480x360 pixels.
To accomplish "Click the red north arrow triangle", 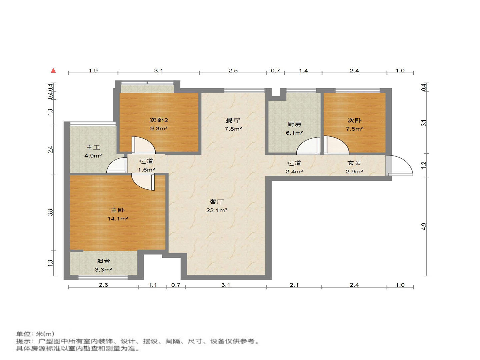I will pos(53,70).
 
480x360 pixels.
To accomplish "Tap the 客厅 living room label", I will pos(217,202).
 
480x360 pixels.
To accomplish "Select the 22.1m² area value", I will pos(217,210).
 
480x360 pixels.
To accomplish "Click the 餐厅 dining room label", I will pos(233,120).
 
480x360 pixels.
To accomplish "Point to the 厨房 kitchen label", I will pos(294,124).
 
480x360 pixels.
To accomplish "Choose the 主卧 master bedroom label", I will pos(118,210).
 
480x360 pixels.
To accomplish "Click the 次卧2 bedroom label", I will pos(159,120).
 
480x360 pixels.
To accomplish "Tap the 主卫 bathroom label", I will pos(93,147).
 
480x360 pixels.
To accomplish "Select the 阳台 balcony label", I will pos(103,261).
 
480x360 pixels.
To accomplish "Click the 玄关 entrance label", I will pos(354,163).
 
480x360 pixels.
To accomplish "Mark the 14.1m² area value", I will pos(118,219).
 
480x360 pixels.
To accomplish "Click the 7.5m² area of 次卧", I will pos(354,129).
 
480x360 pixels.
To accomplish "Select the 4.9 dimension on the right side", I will pos(424,226).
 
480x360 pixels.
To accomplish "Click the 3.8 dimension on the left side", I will pos(50,212).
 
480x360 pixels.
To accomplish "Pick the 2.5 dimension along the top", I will pos(233,71).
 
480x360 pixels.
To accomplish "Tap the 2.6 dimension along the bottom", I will pos(103,285).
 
